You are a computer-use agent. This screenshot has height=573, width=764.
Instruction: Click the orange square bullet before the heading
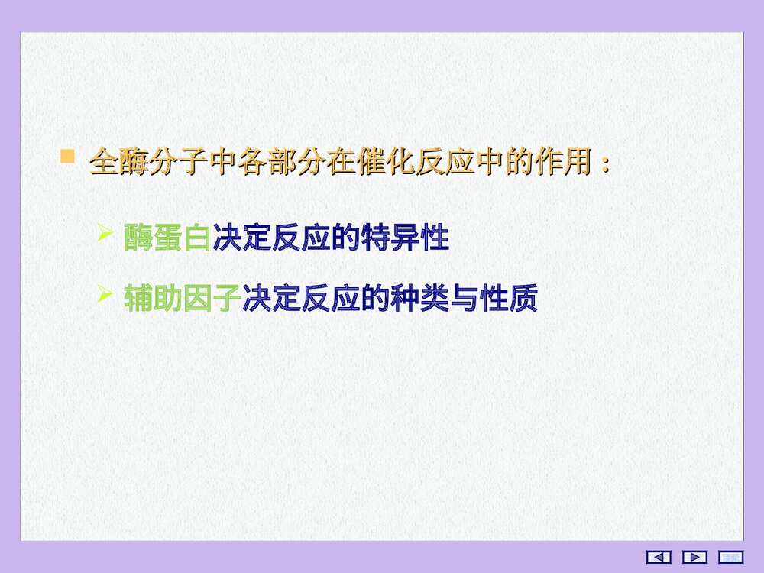coord(68,157)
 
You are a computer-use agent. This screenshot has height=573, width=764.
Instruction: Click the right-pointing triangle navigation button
coord(694,557)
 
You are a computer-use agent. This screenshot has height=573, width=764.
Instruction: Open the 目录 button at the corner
coord(731,557)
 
